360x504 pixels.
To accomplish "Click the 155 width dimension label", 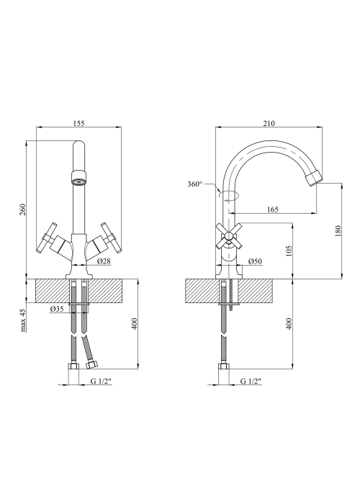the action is point(78,123).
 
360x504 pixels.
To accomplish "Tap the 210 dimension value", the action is point(269,123).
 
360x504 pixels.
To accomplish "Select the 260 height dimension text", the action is point(22,210).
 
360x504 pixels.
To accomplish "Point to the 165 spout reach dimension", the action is point(273,210).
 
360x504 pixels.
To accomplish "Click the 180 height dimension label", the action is point(338,231).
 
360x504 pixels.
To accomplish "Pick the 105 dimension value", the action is point(288,251).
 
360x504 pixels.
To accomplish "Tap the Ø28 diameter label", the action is point(104,261).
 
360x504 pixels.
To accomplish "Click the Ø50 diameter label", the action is point(255,261).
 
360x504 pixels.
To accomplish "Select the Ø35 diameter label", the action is point(57,309).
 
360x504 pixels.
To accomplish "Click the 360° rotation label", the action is point(195,184).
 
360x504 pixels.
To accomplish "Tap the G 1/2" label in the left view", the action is point(101,381).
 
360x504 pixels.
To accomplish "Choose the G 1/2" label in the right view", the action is point(251,381).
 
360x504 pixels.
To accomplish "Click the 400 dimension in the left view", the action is point(134,323).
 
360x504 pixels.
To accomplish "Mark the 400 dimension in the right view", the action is point(288,323).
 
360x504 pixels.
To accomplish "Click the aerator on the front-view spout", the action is point(78,178).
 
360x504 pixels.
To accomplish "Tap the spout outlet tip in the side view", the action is point(313,178).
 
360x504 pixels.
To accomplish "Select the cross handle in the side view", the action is point(228,237).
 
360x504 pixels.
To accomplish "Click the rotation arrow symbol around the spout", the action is point(228,196).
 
